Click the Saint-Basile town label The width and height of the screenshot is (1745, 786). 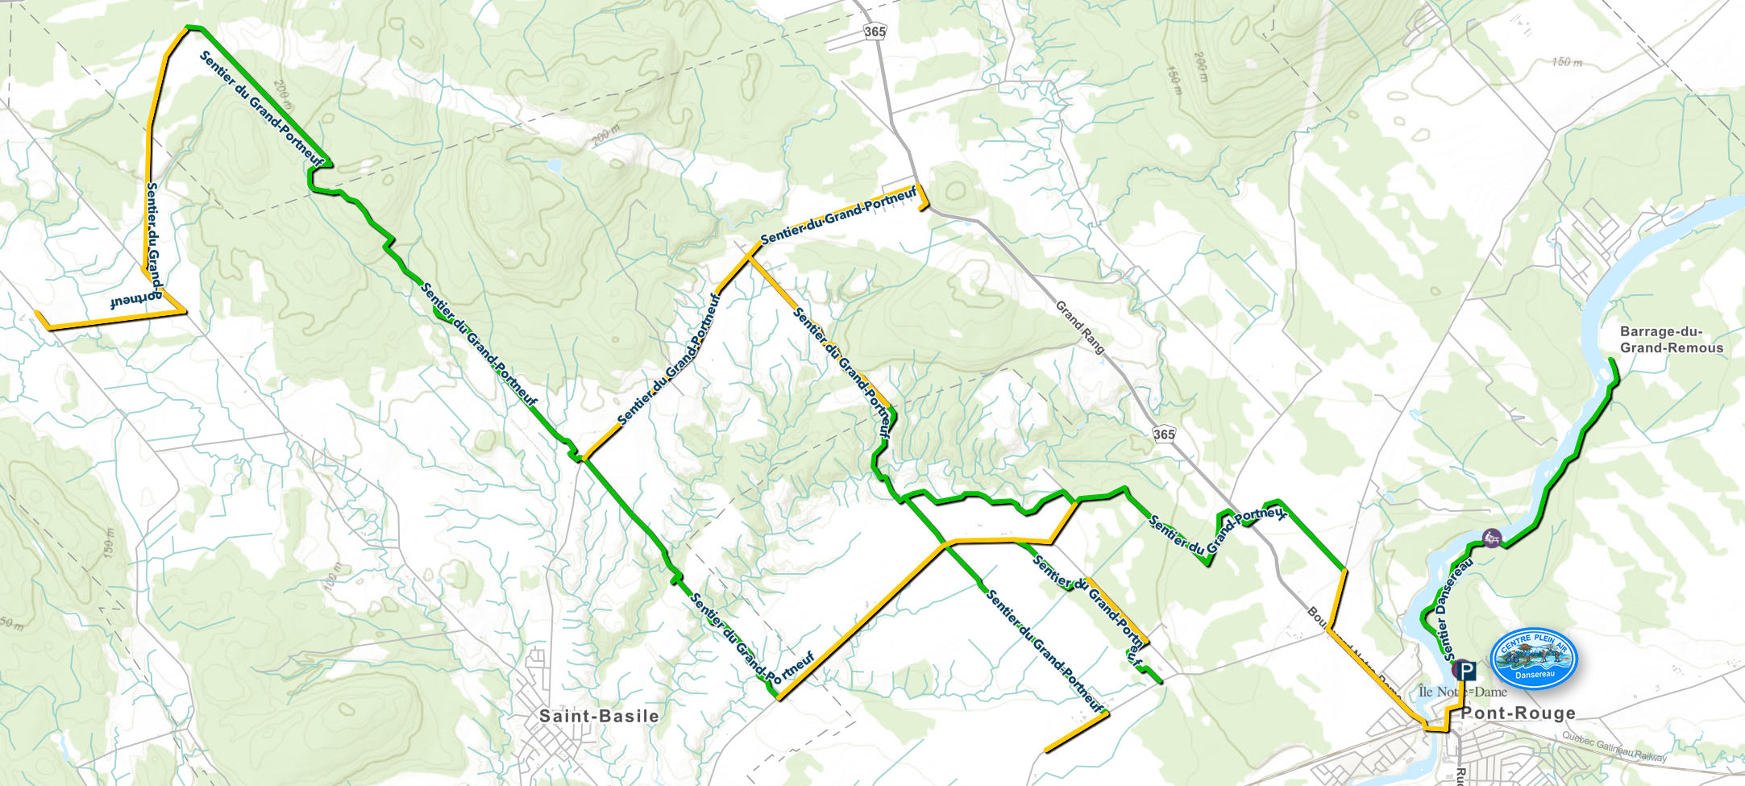pos(598,716)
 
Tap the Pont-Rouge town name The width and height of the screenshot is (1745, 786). pos(1518,713)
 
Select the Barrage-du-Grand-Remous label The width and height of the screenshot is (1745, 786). pos(1671,340)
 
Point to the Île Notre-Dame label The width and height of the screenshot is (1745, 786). pos(1462,692)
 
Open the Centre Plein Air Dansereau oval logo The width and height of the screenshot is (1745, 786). pos(1533,659)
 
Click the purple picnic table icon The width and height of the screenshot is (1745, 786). pos(1492,538)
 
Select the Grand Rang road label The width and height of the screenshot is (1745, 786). pos(1080,327)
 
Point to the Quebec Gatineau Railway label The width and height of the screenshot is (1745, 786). pos(1614,746)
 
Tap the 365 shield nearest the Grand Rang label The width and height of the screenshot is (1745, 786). pos(1163,435)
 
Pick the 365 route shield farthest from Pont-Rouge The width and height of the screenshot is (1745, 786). pos(875,31)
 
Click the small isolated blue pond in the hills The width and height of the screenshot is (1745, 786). pos(553,166)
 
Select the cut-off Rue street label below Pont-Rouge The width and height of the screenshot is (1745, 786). pos(1460,776)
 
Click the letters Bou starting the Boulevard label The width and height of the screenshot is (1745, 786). pos(1315,617)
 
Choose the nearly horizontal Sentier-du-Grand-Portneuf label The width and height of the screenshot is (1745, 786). pos(838,215)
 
